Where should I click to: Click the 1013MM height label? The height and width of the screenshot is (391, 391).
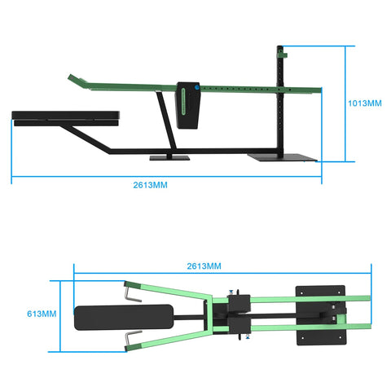[362, 103]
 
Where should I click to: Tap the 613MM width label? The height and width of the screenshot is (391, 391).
[42, 313]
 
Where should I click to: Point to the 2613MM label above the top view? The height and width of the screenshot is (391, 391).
[204, 266]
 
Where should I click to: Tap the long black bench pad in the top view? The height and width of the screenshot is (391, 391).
[124, 316]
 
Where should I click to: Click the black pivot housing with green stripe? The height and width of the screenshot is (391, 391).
[189, 103]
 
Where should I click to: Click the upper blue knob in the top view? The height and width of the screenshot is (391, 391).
[232, 293]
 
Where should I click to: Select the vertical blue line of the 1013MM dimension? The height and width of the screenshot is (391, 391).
[347, 103]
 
